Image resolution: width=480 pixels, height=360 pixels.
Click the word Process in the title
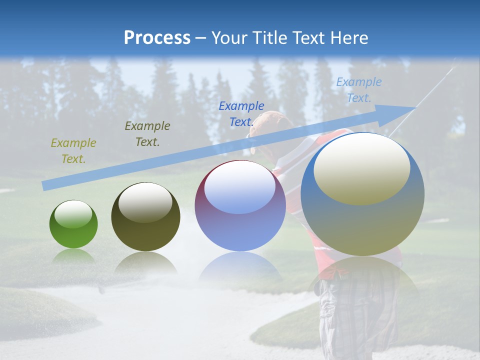pos(157,38)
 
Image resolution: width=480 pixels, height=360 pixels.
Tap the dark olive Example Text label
pos(147,134)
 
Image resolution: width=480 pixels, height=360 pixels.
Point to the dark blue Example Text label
pos(241,113)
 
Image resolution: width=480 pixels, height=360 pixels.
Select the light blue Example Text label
pos(359,90)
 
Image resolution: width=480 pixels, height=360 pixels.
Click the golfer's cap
pos(270,122)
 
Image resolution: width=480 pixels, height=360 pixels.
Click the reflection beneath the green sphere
pos(73,255)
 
